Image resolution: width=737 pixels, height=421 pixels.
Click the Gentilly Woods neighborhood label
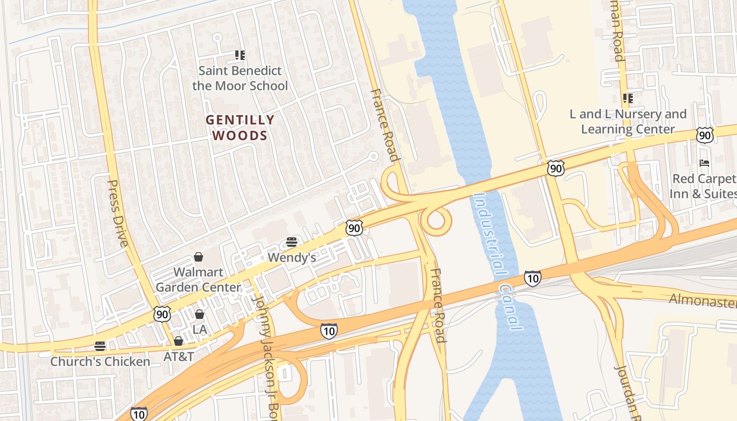(240, 128)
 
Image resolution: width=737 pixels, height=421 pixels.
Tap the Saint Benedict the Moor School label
(240, 78)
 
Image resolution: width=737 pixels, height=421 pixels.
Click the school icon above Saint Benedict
(240, 55)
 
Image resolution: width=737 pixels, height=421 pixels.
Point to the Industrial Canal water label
(497, 262)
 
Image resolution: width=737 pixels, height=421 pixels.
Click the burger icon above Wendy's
(292, 242)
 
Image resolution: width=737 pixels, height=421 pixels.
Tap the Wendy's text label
(292, 257)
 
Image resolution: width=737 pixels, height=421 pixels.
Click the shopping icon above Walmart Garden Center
(198, 257)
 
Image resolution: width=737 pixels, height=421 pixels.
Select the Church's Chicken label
(100, 362)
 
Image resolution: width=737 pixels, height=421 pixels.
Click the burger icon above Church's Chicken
(100, 346)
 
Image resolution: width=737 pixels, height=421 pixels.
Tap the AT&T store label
(178, 356)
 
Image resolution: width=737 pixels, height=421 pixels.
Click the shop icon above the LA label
(200, 315)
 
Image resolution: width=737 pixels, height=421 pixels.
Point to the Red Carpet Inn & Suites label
(703, 186)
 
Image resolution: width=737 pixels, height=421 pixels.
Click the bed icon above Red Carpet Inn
(704, 163)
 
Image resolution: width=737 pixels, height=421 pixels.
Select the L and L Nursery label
(628, 122)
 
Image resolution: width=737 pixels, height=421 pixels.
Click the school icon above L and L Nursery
(628, 98)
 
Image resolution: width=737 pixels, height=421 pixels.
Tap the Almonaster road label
(702, 300)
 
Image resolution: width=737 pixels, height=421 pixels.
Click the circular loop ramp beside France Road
(436, 220)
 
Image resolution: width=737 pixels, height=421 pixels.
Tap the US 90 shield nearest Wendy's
(355, 227)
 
